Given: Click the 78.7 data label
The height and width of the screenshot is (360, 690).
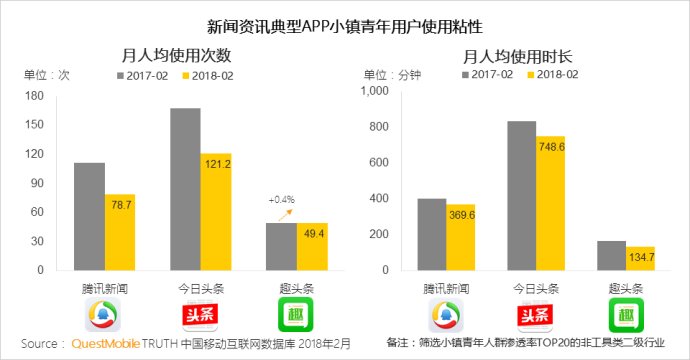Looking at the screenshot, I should tap(120, 204).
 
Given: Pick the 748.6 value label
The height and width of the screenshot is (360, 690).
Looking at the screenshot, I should tap(549, 146).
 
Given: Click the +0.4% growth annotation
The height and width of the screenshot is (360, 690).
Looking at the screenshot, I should tap(281, 200).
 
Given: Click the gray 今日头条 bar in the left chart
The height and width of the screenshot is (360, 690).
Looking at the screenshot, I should tap(185, 189).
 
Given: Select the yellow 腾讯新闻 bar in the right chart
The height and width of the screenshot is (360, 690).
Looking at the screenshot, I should tap(461, 237).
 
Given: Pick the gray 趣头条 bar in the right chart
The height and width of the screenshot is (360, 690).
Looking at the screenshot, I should tap(611, 255).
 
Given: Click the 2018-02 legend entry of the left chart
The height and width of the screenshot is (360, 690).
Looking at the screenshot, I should tap(206, 75).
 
